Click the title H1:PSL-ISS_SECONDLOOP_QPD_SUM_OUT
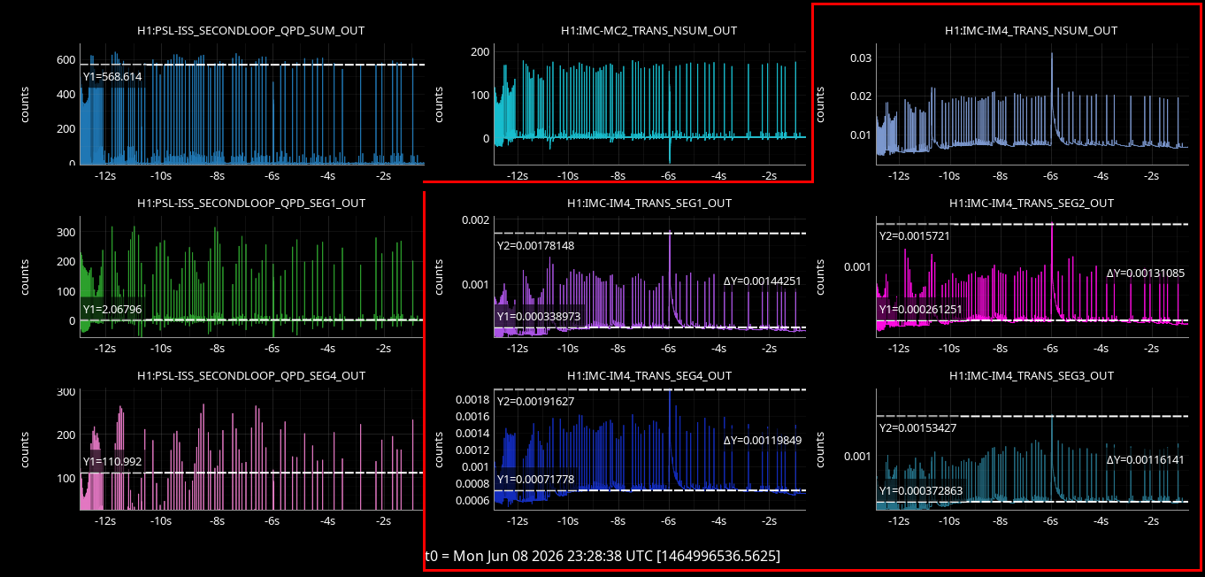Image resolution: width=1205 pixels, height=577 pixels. pyautogui.click(x=250, y=31)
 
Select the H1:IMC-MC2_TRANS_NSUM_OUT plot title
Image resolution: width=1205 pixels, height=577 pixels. pyautogui.click(x=649, y=31)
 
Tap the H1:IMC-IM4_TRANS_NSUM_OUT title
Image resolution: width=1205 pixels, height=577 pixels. pyautogui.click(x=1031, y=31)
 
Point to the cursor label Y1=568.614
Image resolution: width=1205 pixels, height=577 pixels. pyautogui.click(x=112, y=76)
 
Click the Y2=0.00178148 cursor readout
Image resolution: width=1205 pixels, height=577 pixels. pyautogui.click(x=535, y=245)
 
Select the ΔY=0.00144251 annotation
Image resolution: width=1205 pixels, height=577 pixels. pyautogui.click(x=762, y=281)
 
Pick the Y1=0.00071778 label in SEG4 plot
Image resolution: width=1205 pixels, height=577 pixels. pyautogui.click(x=535, y=479)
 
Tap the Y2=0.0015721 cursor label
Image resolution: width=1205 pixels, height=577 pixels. pyautogui.click(x=914, y=235)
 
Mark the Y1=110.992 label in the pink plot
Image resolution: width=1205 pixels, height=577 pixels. pyautogui.click(x=112, y=461)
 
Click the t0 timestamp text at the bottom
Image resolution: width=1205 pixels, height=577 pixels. pyautogui.click(x=602, y=556)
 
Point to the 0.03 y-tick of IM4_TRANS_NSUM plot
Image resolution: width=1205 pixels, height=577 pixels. pyautogui.click(x=860, y=58)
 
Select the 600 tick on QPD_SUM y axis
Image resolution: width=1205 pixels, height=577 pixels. pyautogui.click(x=66, y=60)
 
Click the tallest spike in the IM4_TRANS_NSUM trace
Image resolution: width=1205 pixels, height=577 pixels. pyautogui.click(x=1052, y=53)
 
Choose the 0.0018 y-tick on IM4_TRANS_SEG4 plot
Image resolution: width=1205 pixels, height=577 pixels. pyautogui.click(x=472, y=399)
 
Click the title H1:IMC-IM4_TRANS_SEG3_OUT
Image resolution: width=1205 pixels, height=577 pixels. pyautogui.click(x=1031, y=376)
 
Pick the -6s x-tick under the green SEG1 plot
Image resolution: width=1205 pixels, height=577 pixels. pyautogui.click(x=272, y=349)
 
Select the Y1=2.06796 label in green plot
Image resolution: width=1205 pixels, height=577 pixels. pyautogui.click(x=112, y=310)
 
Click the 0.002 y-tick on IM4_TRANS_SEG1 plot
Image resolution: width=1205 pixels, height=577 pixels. pyautogui.click(x=476, y=219)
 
